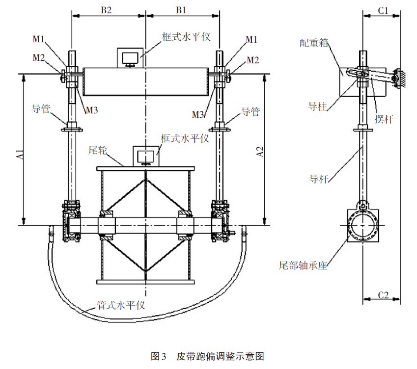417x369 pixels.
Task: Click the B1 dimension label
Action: (182, 9)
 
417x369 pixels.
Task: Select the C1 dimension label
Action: (384, 9)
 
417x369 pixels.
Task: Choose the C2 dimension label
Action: (384, 295)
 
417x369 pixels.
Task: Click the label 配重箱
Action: (314, 43)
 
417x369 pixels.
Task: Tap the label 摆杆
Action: (384, 118)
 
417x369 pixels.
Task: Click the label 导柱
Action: (317, 106)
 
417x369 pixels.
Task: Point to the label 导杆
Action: (319, 178)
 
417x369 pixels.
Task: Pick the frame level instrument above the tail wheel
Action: (146, 157)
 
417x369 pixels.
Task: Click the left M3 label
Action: (91, 111)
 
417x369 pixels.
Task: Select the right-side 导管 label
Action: (250, 112)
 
